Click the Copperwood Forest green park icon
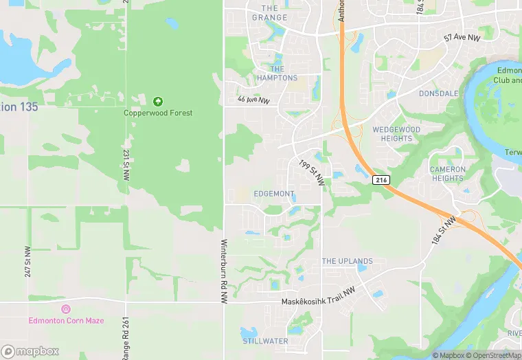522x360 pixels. (x=159, y=101)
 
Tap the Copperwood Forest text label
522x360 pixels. (x=158, y=113)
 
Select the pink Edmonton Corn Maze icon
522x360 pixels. (x=66, y=309)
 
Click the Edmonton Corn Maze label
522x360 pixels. (x=66, y=320)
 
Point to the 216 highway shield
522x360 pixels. (x=383, y=180)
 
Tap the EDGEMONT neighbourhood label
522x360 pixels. (x=273, y=194)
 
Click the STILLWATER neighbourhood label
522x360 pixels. (x=265, y=341)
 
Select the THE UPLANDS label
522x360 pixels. (x=348, y=261)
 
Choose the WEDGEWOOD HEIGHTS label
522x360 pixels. (x=396, y=134)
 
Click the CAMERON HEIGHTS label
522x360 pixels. (x=448, y=174)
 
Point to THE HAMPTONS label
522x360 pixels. (x=277, y=74)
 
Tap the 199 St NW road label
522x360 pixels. (x=312, y=172)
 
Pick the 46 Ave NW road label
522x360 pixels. (x=254, y=100)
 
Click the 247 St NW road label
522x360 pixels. (x=27, y=262)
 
